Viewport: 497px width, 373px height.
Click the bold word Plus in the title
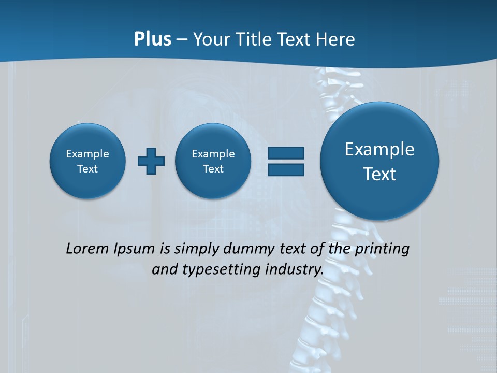click(152, 39)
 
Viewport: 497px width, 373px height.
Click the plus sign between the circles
click(151, 161)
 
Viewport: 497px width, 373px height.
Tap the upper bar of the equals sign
click(286, 153)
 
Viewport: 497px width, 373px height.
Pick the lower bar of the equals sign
click(286, 169)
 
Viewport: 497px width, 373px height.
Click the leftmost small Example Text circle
click(87, 161)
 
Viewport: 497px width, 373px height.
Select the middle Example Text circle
click(213, 161)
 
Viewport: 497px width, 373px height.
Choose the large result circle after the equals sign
click(379, 161)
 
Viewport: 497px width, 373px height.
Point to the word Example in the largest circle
click(379, 149)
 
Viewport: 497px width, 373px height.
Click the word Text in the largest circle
click(379, 174)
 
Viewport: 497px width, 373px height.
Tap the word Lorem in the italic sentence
click(87, 249)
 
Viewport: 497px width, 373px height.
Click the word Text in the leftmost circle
click(87, 169)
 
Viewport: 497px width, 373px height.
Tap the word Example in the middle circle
click(213, 154)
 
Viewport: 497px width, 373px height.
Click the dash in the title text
click(182, 40)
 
